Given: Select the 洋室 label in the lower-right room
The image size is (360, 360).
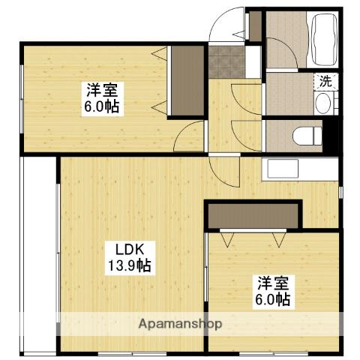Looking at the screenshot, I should click(274, 283).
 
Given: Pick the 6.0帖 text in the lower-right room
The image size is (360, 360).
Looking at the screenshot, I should click(274, 299).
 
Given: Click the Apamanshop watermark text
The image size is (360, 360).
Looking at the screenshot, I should click(179, 324).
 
